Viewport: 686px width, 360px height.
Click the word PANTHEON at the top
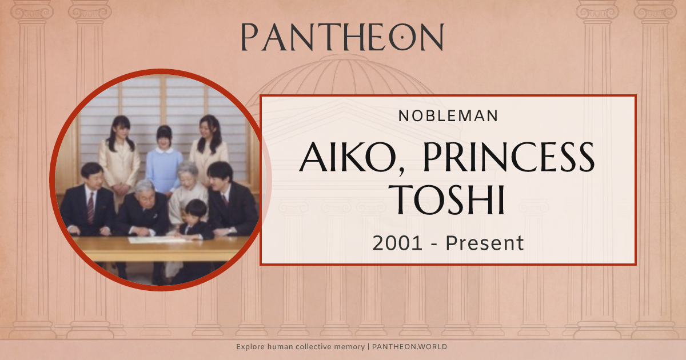(342, 37)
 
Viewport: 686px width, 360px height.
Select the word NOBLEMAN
(448, 115)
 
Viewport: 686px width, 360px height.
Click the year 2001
(398, 243)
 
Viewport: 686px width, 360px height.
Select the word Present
(485, 243)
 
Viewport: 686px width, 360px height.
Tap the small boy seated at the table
(196, 220)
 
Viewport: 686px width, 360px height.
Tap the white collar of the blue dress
(164, 150)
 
